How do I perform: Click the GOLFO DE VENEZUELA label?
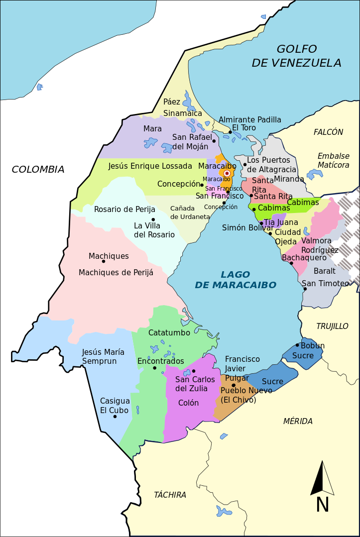[x=296, y=56]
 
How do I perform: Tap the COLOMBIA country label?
[x=38, y=170]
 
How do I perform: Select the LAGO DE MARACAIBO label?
[x=235, y=280]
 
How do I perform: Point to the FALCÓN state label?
[x=328, y=132]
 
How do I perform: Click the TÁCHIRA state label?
[x=170, y=495]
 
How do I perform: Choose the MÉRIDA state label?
[x=298, y=422]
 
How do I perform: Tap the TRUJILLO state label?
[x=332, y=326]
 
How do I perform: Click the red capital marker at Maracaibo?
[x=227, y=173]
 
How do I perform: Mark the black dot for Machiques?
[x=104, y=261]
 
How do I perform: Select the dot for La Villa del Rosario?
[x=153, y=219]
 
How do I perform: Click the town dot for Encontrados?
[x=155, y=368]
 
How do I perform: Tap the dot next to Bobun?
[x=297, y=345]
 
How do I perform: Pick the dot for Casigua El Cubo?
[x=115, y=416]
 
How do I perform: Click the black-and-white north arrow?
[x=322, y=478]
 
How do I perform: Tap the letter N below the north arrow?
[x=322, y=505]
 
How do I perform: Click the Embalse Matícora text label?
[x=334, y=160]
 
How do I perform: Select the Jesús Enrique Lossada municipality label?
[x=150, y=166]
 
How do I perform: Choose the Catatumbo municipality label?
[x=169, y=332]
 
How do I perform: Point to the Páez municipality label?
[x=172, y=102]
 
